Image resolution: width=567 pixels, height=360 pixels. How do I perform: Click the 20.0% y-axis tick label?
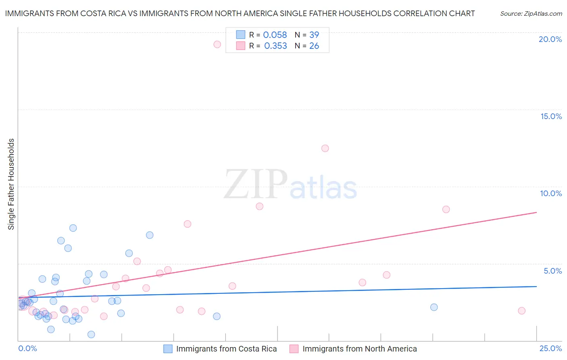point(550,39)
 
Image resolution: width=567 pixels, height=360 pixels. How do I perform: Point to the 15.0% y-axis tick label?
point(551,116)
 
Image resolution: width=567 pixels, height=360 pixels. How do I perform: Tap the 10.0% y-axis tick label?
point(551,193)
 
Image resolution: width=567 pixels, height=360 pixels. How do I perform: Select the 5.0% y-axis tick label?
point(552,271)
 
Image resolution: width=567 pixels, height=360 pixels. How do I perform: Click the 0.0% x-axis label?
point(27,349)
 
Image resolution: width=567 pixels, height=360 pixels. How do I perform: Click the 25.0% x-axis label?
point(550,349)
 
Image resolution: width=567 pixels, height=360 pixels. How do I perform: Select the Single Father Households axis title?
point(11,184)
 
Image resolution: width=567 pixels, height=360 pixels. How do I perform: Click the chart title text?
point(240,13)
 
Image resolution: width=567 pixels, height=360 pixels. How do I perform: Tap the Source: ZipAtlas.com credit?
point(531,14)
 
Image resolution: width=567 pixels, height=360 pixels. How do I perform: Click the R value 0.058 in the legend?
point(275,35)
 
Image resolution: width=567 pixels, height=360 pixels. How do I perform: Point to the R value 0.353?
point(275,46)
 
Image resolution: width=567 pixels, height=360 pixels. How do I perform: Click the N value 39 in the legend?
point(314,35)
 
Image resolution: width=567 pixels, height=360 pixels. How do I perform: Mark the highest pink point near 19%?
point(217,44)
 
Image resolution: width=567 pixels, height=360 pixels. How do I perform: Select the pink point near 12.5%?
point(325,148)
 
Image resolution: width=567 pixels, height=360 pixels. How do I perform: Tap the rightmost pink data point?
point(521,311)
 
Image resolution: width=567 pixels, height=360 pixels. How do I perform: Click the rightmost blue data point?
point(434,307)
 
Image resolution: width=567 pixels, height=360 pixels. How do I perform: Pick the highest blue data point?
point(73,228)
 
